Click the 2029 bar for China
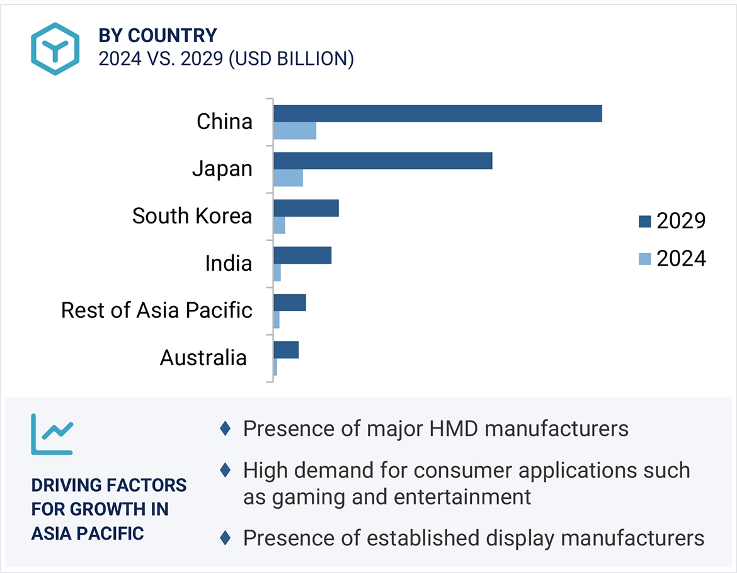437,113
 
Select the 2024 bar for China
294,131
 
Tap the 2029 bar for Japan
382,161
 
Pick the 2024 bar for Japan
288,178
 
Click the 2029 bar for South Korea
306,208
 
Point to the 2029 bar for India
302,255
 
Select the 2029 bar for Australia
285,349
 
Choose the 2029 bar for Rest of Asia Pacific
289,302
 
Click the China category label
224,121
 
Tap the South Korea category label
192,216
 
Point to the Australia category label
203,358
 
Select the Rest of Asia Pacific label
157,310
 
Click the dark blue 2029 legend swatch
644,221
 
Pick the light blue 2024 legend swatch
644,259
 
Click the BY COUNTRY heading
157,35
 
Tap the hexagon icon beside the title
55,48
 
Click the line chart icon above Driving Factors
52,434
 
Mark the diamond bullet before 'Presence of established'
225,538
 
